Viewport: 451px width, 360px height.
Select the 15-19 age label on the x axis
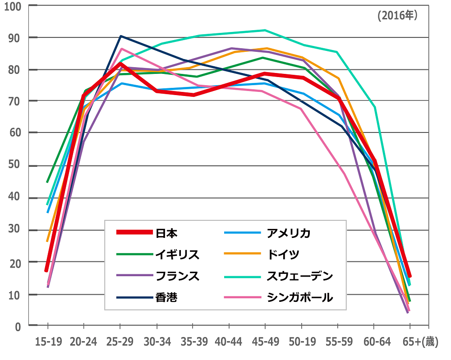48,343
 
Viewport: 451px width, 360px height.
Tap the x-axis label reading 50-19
302,343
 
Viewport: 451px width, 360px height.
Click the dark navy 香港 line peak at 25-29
120,36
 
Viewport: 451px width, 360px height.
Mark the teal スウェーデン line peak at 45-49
265,30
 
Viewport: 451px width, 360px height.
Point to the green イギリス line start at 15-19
47,182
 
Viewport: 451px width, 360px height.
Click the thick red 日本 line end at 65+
410,276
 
